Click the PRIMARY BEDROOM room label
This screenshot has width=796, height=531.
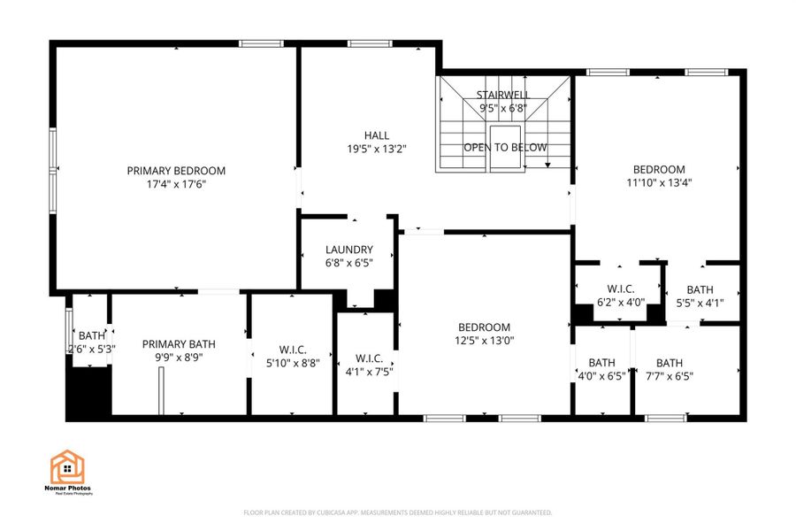[176, 171]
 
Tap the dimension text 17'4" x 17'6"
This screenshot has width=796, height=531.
[176, 184]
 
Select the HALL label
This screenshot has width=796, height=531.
[377, 135]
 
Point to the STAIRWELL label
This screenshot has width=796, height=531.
[502, 95]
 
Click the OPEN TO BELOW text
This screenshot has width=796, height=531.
[505, 148]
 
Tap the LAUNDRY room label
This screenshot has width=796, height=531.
[348, 250]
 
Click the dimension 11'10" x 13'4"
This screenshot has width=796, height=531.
[659, 183]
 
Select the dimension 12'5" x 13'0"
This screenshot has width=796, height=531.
[484, 341]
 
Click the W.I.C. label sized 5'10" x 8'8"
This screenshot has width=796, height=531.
[292, 349]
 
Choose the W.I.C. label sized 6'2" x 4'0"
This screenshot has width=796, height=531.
[621, 289]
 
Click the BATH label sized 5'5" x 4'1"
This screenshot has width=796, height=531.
[700, 289]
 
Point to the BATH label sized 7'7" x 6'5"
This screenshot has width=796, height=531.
[669, 363]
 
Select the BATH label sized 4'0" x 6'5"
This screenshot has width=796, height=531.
[601, 363]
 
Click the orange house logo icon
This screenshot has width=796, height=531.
[67, 467]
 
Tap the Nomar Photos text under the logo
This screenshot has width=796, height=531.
[70, 488]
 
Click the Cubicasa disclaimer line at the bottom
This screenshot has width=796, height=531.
[397, 512]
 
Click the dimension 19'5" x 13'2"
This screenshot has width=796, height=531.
[377, 150]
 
